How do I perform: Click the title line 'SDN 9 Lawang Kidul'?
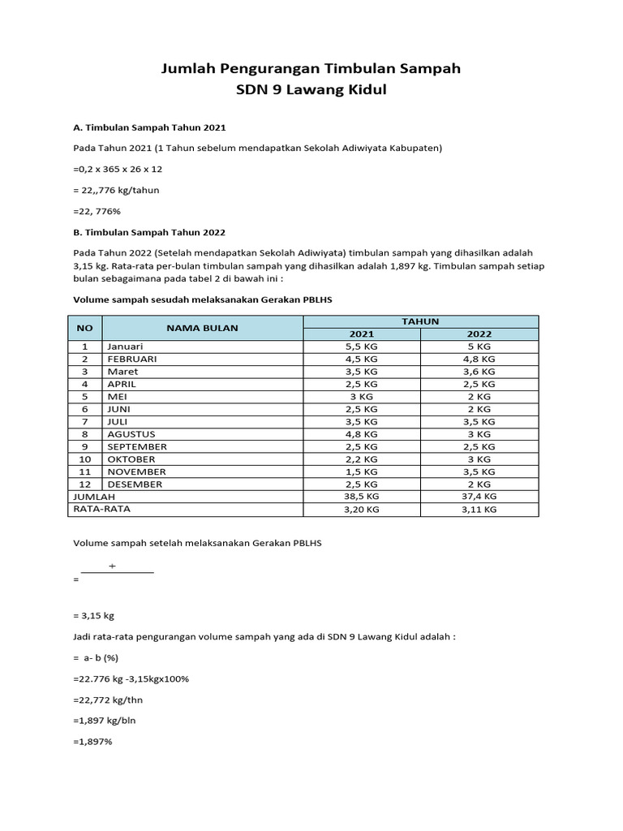pyautogui.click(x=311, y=90)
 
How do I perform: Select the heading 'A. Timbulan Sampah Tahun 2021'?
pyautogui.click(x=149, y=127)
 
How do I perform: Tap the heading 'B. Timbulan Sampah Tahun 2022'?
pyautogui.click(x=149, y=232)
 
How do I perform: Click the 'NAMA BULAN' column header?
pyautogui.click(x=203, y=328)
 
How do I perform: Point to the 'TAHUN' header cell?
pyautogui.click(x=420, y=321)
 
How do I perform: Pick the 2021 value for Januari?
pyautogui.click(x=362, y=346)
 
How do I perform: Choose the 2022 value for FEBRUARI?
pyautogui.click(x=479, y=359)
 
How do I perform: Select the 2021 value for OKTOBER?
pyautogui.click(x=362, y=459)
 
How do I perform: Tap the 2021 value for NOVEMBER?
pyautogui.click(x=362, y=471)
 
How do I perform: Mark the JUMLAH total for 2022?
pyautogui.click(x=479, y=497)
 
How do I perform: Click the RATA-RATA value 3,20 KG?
pyautogui.click(x=362, y=510)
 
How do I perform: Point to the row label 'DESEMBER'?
pyautogui.click(x=135, y=484)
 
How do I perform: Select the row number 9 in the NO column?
pyautogui.click(x=84, y=446)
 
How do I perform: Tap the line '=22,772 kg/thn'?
pyautogui.click(x=108, y=699)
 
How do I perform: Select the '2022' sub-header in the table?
pyautogui.click(x=479, y=334)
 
